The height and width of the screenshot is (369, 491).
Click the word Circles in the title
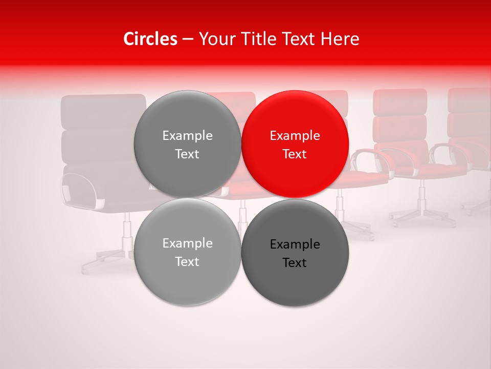coord(150,39)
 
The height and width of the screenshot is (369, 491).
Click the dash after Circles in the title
coord(188,39)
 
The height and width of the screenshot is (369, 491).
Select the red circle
coord(295,144)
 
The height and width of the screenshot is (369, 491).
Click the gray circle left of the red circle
coord(187,144)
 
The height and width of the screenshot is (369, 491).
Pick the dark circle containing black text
coord(295,253)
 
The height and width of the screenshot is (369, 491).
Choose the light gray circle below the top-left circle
coord(187,252)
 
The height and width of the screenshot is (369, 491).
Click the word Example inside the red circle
coord(295,136)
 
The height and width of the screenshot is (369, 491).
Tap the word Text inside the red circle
coord(295,154)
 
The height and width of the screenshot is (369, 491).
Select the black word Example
coord(295,244)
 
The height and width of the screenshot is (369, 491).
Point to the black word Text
coord(295,263)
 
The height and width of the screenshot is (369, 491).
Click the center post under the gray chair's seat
coord(125,231)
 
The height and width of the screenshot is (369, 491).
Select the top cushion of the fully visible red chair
coord(400,101)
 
